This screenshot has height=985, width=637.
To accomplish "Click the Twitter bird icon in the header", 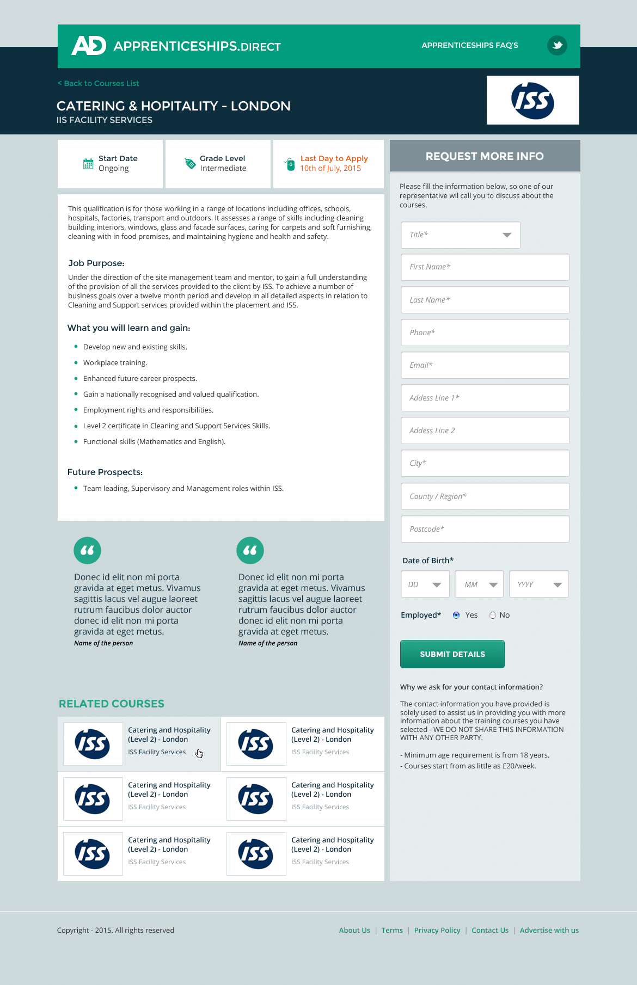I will tap(557, 45).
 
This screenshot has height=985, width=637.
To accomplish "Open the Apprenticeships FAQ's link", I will tap(469, 45).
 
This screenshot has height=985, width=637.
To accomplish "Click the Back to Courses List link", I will tap(99, 83).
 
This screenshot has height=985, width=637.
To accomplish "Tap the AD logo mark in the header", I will tap(88, 46).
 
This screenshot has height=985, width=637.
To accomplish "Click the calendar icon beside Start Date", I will tap(88, 164).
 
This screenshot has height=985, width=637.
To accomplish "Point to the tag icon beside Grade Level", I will tap(190, 163).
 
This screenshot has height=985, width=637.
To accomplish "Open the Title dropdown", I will tap(460, 235).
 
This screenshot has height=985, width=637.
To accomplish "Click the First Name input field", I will tap(485, 267).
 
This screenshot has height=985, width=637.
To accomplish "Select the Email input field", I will tap(485, 365).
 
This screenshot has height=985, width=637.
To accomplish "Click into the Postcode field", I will tap(485, 529).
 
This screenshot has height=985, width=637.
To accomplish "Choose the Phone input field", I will tap(485, 333).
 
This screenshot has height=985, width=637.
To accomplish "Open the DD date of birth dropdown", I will tap(425, 584).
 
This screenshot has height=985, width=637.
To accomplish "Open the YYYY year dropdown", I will tap(538, 584).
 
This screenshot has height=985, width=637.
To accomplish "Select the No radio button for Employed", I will tap(493, 615).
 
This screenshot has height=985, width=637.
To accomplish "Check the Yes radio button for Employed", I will tap(456, 615).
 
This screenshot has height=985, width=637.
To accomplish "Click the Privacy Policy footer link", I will tap(437, 931).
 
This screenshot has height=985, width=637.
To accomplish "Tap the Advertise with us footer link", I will tap(549, 931).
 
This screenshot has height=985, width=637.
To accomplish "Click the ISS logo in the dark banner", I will tap(532, 101).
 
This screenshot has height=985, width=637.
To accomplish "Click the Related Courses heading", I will tap(112, 704).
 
